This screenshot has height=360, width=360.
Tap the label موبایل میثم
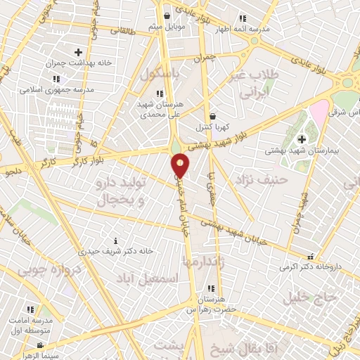coord(166,27)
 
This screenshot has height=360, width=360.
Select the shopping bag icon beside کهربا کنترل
coord(212,116)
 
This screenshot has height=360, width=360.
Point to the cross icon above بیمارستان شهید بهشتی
coord(302,139)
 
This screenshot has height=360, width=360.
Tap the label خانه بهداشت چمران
coord(78,63)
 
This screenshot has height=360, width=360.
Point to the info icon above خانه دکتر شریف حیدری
coord(117,240)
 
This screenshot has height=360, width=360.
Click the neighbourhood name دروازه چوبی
coord(41,270)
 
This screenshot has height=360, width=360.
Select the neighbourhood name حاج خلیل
coord(311,297)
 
